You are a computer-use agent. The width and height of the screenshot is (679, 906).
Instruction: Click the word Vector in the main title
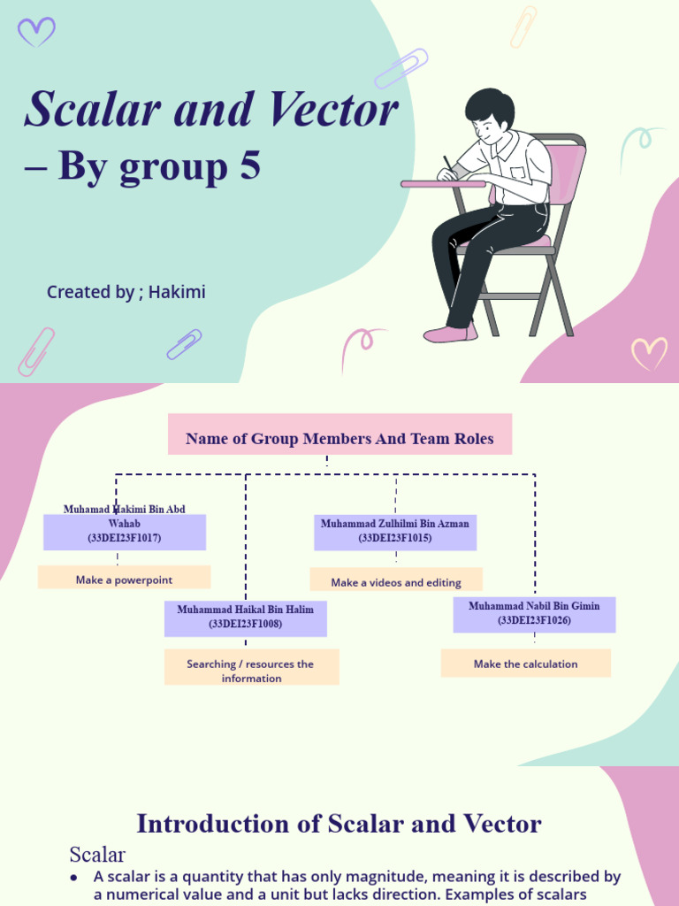(x=333, y=110)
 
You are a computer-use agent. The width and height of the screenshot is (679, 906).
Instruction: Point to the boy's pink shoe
(x=449, y=334)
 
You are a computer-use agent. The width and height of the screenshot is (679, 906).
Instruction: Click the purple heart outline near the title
(x=36, y=33)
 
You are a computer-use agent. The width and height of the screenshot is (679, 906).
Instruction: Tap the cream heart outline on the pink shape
(x=649, y=353)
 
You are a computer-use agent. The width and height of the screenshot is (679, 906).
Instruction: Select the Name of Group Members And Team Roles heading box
(x=339, y=439)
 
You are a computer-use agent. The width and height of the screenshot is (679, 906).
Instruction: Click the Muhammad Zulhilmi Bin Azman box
(x=395, y=531)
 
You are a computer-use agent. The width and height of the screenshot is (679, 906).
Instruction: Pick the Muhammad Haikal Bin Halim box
(x=245, y=617)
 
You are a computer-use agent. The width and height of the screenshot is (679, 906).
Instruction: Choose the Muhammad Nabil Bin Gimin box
(x=534, y=613)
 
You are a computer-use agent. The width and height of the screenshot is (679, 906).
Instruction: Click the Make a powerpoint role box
(x=124, y=580)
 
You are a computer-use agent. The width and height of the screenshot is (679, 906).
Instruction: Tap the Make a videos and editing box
(x=396, y=582)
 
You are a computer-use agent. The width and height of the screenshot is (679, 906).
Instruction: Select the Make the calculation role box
(x=525, y=664)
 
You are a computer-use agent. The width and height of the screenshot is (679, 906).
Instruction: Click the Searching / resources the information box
(x=250, y=671)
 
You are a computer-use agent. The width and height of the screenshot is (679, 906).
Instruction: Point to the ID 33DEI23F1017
(x=124, y=538)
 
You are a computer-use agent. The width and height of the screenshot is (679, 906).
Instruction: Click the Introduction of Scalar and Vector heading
(x=339, y=824)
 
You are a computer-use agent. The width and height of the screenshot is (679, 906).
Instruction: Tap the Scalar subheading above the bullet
(x=97, y=855)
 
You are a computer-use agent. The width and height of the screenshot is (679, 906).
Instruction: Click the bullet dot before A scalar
(x=73, y=877)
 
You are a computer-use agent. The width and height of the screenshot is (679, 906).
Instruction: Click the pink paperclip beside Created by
(x=36, y=350)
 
